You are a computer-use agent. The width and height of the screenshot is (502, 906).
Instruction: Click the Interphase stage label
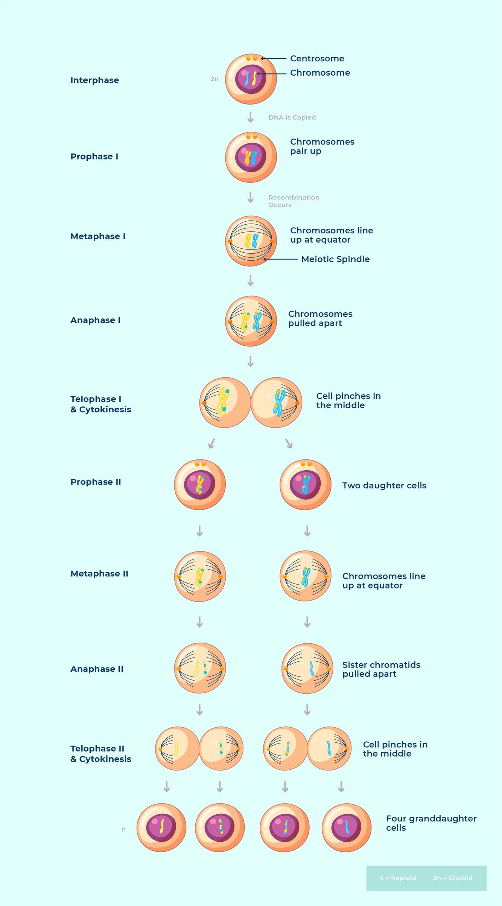pos(94,80)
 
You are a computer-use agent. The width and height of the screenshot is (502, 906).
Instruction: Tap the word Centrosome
pos(317,58)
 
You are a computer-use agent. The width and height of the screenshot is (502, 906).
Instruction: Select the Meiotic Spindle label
pos(335,259)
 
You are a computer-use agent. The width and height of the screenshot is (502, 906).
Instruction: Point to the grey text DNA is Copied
pos(292,117)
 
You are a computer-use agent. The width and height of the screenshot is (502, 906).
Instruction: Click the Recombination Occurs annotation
pos(294,201)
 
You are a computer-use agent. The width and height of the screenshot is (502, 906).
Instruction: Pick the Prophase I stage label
pos(94,157)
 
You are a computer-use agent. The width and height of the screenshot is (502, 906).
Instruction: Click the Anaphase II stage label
pos(97,669)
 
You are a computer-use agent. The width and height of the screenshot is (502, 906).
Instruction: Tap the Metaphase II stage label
pos(99,573)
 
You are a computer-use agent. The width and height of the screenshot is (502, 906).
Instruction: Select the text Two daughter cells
pos(384,485)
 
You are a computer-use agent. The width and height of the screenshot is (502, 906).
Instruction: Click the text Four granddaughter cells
pos(431,823)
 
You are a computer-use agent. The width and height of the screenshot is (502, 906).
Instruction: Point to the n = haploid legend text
pos(397,878)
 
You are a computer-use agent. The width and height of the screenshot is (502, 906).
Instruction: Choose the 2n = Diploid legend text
pos(452,878)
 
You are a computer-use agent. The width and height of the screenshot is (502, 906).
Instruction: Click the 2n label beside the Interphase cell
pos(214,79)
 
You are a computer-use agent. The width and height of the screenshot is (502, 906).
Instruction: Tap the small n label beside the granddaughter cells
pos(123,830)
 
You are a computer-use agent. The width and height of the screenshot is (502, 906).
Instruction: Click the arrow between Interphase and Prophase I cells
pos(250,117)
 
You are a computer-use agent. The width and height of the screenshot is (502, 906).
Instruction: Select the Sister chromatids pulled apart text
pos(381,669)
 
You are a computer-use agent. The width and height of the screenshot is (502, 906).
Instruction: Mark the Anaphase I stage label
pos(95,320)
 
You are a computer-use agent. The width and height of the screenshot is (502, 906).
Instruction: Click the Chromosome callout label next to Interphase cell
pos(320,73)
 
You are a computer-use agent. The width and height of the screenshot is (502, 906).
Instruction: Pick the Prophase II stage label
pos(96,482)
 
